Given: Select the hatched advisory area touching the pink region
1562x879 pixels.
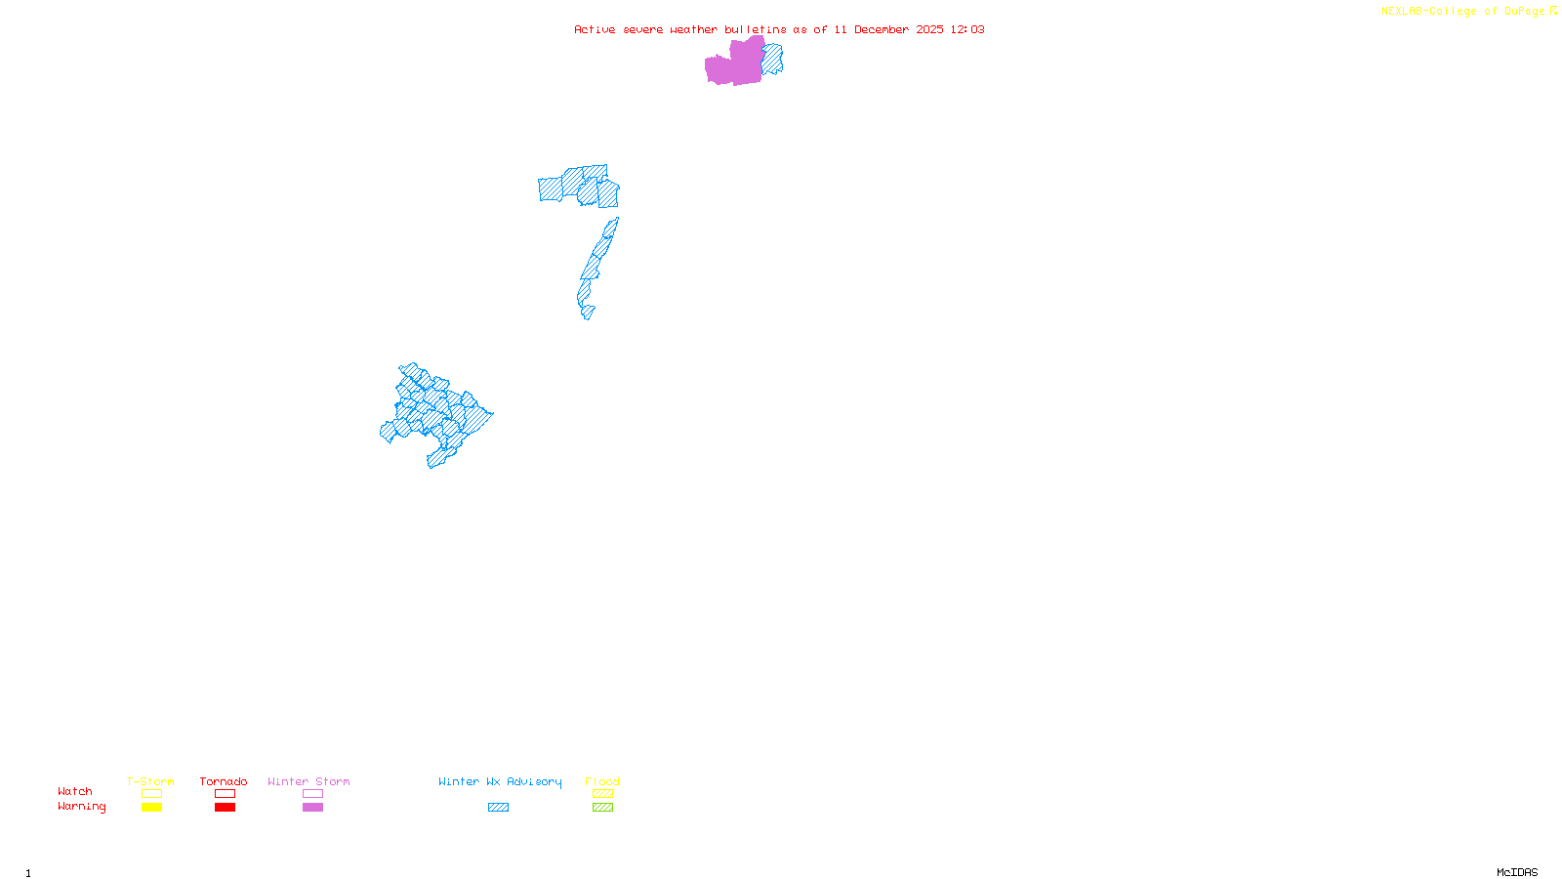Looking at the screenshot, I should pyautogui.click(x=772, y=59).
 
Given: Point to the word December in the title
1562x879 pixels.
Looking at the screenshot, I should pyautogui.click(x=882, y=29).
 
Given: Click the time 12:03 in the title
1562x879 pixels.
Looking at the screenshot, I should pyautogui.click(x=966, y=29).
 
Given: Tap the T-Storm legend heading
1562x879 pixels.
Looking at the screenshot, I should pyautogui.click(x=150, y=781).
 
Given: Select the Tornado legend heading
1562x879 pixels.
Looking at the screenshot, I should pyautogui.click(x=224, y=781).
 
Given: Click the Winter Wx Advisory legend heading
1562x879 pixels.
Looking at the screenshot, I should pyautogui.click(x=500, y=781).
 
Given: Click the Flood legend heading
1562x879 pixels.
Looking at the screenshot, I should pyautogui.click(x=602, y=781).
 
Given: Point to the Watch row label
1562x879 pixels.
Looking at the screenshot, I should pyautogui.click(x=75, y=791).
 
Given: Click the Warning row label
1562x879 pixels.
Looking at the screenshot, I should pyautogui.click(x=82, y=807).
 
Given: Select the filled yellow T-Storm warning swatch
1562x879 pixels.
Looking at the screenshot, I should pyautogui.click(x=151, y=808).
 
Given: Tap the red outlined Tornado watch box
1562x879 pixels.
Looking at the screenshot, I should pyautogui.click(x=225, y=794).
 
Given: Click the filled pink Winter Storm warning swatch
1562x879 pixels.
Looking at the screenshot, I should pyautogui.click(x=312, y=808).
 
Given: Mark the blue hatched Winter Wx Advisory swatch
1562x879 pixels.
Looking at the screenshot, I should pyautogui.click(x=498, y=808).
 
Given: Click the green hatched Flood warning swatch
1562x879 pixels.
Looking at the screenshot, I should pyautogui.click(x=602, y=808).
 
